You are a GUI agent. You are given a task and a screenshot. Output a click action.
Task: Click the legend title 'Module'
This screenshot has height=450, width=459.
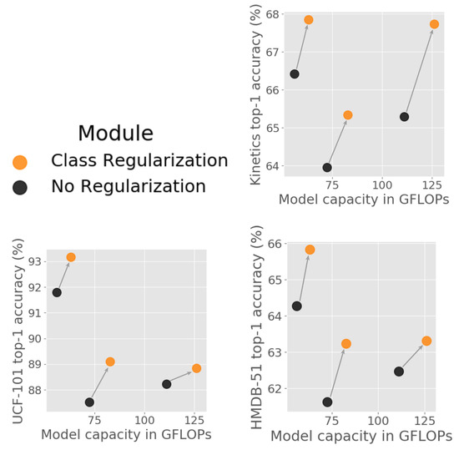pos(115,134)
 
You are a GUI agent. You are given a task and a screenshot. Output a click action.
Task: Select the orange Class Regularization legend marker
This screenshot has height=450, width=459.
pos(20,161)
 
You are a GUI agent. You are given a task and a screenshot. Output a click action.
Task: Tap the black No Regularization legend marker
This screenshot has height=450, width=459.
pos(20,187)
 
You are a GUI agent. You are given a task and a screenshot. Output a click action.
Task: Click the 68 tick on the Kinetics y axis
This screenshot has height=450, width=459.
pos(275,14)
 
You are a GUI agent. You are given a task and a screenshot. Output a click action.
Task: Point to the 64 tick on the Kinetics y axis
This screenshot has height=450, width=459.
pos(275,167)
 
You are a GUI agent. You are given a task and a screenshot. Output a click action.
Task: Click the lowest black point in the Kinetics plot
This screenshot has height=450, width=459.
pos(327,167)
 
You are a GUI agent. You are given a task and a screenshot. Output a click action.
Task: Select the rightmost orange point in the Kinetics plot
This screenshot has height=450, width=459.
pos(434,24)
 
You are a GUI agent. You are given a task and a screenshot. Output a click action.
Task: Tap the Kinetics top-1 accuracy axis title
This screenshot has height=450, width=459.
pos(256,95)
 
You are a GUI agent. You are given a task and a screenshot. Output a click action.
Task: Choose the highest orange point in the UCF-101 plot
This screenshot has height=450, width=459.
pos(71,257)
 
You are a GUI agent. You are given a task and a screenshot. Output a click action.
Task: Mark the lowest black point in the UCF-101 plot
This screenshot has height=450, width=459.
pos(89,402)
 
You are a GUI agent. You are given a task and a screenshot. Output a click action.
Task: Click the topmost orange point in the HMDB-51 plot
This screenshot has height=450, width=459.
pos(310,250)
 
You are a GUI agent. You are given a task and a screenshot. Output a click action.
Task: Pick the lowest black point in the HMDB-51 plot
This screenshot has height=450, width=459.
pos(327,402)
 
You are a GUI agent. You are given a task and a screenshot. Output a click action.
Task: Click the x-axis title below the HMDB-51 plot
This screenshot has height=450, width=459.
pos(361,435)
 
